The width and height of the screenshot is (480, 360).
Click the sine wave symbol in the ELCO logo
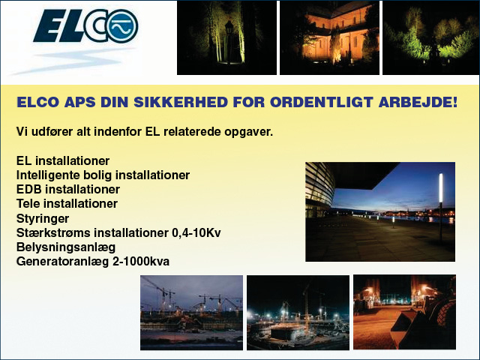(x=123, y=27)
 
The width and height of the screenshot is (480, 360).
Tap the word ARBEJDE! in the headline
(x=418, y=102)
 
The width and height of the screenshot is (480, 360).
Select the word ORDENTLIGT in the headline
(x=322, y=102)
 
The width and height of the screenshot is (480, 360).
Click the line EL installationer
(x=63, y=160)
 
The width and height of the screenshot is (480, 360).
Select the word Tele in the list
(x=28, y=203)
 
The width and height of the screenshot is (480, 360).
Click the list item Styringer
(x=43, y=218)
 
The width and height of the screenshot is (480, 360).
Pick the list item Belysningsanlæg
(x=66, y=247)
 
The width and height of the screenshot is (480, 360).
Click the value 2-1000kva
(x=141, y=262)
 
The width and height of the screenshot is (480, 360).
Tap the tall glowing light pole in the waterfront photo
(x=441, y=208)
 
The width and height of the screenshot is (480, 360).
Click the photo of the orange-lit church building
(x=329, y=37)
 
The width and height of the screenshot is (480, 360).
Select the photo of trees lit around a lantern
(x=226, y=37)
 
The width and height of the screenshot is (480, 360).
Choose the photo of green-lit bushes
(x=431, y=37)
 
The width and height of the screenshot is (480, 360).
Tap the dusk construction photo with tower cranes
(x=192, y=313)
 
